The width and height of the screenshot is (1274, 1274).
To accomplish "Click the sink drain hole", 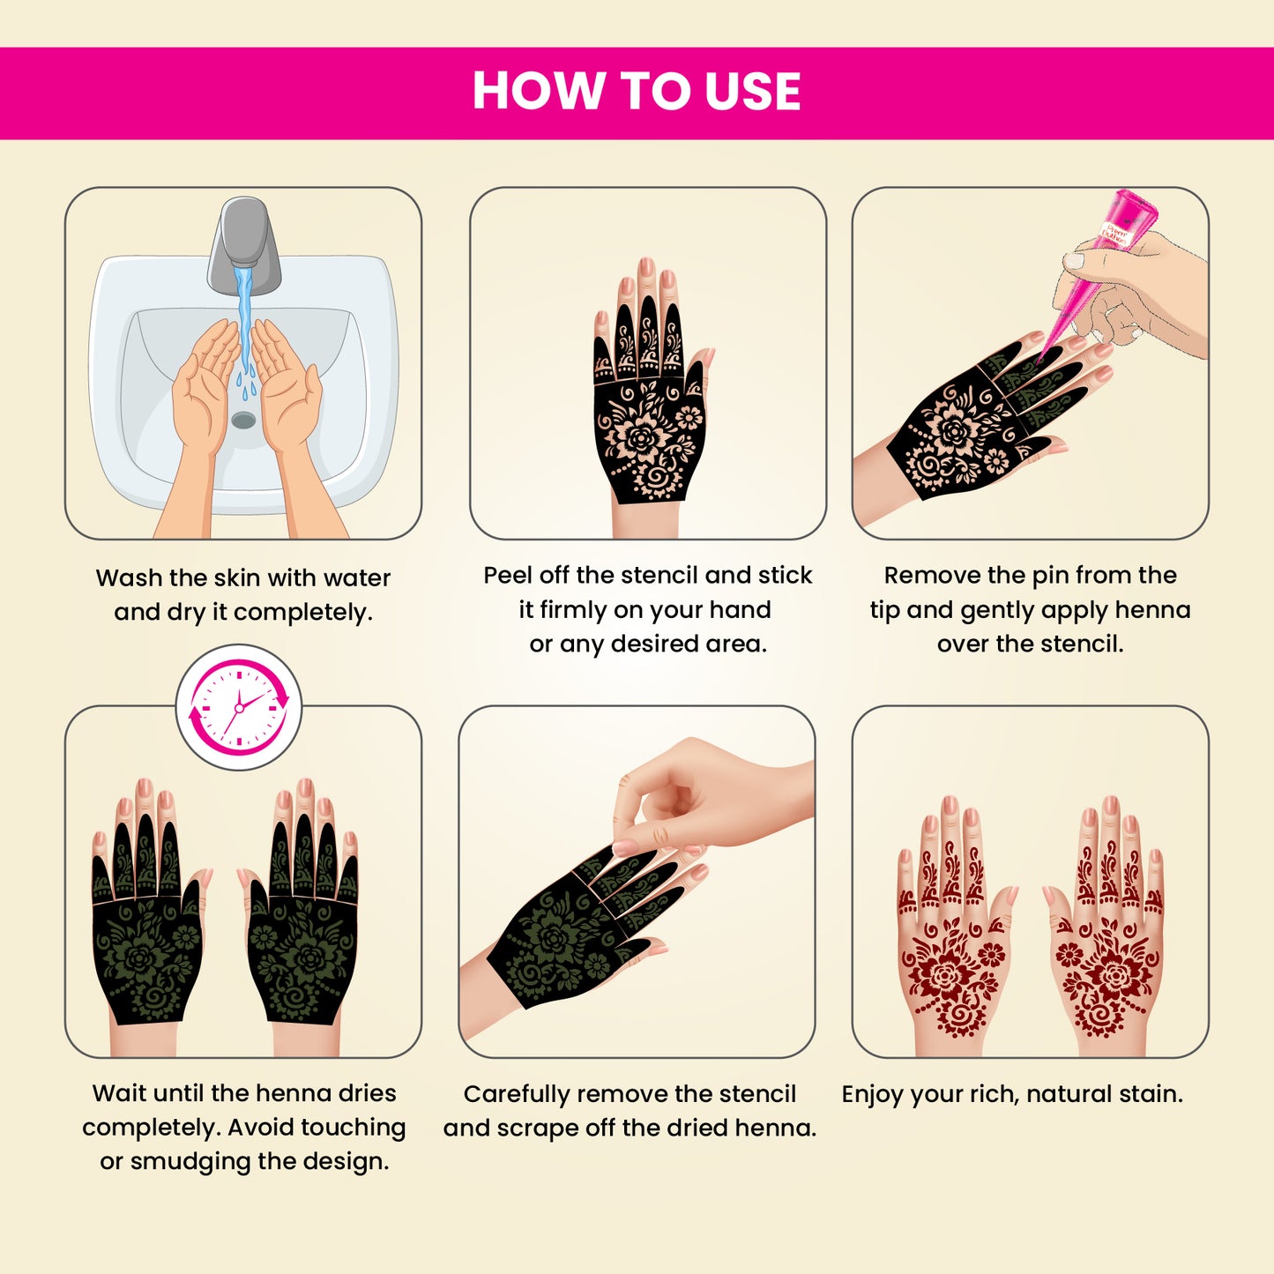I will click(243, 421).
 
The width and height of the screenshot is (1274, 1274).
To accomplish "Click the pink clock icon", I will click(239, 707).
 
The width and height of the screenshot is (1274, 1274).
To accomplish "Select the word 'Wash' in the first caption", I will click(129, 578).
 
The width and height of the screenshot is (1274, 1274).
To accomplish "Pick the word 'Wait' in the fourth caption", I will click(122, 1093).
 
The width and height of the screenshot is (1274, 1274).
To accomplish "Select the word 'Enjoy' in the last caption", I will click(872, 1095).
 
